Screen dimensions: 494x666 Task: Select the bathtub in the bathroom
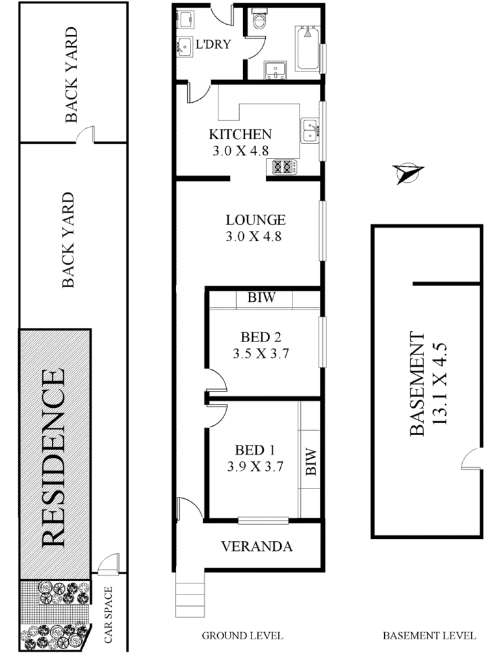click(307, 48)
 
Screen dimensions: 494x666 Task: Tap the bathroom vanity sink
click(275, 70)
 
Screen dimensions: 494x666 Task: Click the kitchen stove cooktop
click(284, 166)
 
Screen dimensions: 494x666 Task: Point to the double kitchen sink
click(309, 130)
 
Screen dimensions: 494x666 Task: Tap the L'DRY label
click(213, 44)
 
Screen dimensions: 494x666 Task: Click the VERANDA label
click(257, 546)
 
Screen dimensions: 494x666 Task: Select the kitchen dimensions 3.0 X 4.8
click(240, 151)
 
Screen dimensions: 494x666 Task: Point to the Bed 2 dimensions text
click(261, 353)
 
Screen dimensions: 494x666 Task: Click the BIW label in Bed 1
click(311, 462)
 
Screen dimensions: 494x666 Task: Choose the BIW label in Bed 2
click(261, 297)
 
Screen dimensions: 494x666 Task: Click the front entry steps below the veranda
click(190, 594)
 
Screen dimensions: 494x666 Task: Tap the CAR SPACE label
click(108, 614)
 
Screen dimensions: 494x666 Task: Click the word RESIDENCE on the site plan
click(54, 458)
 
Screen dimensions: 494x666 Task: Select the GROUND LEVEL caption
click(242, 636)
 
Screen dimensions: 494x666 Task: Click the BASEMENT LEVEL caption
click(429, 636)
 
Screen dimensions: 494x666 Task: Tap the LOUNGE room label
click(255, 220)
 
